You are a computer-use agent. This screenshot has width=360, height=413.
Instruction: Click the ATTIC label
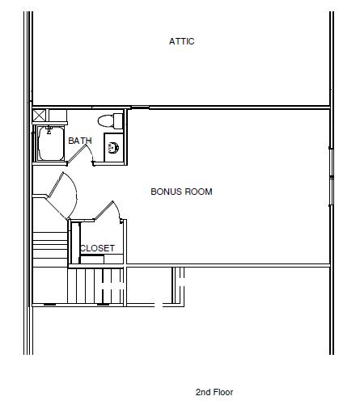[x=181, y=41]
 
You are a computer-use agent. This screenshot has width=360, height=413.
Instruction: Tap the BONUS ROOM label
[x=181, y=192]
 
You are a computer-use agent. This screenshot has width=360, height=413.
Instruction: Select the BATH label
[x=80, y=141]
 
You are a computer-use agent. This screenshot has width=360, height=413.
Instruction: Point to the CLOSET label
[x=97, y=248]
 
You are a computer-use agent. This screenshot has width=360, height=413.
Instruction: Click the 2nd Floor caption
[x=214, y=392]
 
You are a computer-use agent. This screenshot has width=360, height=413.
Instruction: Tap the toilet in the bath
[x=110, y=120]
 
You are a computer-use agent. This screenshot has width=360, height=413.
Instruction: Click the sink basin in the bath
[x=113, y=147]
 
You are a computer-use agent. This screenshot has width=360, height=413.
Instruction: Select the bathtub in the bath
[x=50, y=144]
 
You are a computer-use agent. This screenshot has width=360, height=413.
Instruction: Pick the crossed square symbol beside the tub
[x=39, y=116]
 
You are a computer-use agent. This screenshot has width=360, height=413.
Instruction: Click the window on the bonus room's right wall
[x=332, y=176]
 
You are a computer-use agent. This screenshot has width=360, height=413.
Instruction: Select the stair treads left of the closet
[x=50, y=249]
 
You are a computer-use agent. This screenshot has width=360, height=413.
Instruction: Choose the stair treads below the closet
[x=95, y=286]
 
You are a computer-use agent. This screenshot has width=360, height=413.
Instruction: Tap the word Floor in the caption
[x=222, y=392]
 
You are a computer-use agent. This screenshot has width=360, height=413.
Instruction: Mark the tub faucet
[x=49, y=130]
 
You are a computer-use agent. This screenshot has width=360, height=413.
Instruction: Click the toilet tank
[x=118, y=121]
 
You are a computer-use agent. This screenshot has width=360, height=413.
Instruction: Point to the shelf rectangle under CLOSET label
[x=92, y=259]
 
